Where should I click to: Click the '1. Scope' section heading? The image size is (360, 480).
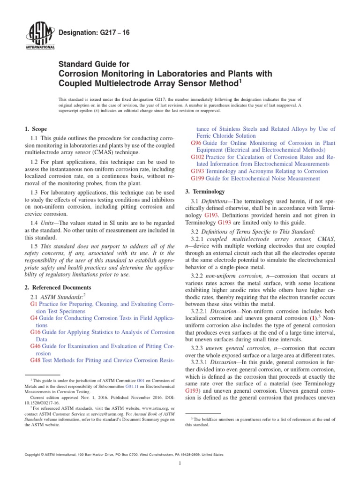pos(35,129)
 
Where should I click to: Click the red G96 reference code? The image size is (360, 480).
pos(196,142)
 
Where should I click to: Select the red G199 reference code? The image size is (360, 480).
pos(198,178)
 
